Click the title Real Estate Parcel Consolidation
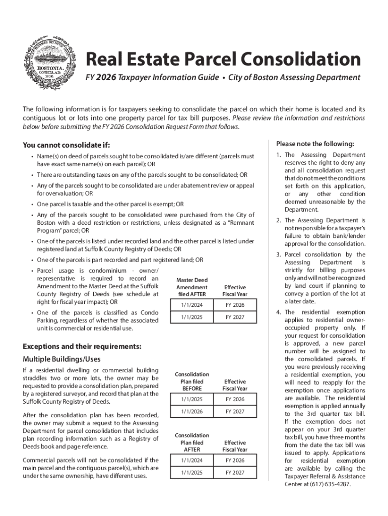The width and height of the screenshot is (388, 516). pos(223,59)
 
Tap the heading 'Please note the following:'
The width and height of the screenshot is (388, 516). pos(315,143)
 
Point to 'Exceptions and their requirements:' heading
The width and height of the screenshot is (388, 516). pos(82,347)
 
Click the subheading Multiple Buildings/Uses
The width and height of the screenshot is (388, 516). pos(61,359)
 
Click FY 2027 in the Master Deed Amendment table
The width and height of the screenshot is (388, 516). pos(235,317)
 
